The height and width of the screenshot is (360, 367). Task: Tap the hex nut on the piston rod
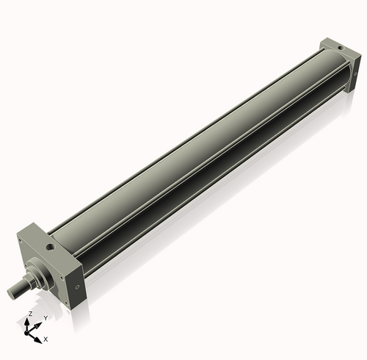pos(32,281)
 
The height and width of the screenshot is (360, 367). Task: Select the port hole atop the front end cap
pos(48,248)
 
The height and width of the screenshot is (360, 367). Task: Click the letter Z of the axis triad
pos(30,314)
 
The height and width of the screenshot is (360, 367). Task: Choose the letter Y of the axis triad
pos(46,317)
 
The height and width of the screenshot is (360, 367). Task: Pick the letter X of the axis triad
pos(46,339)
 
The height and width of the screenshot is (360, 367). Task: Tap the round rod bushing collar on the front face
pos(41,271)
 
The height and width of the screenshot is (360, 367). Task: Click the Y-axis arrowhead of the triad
pos(39,323)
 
